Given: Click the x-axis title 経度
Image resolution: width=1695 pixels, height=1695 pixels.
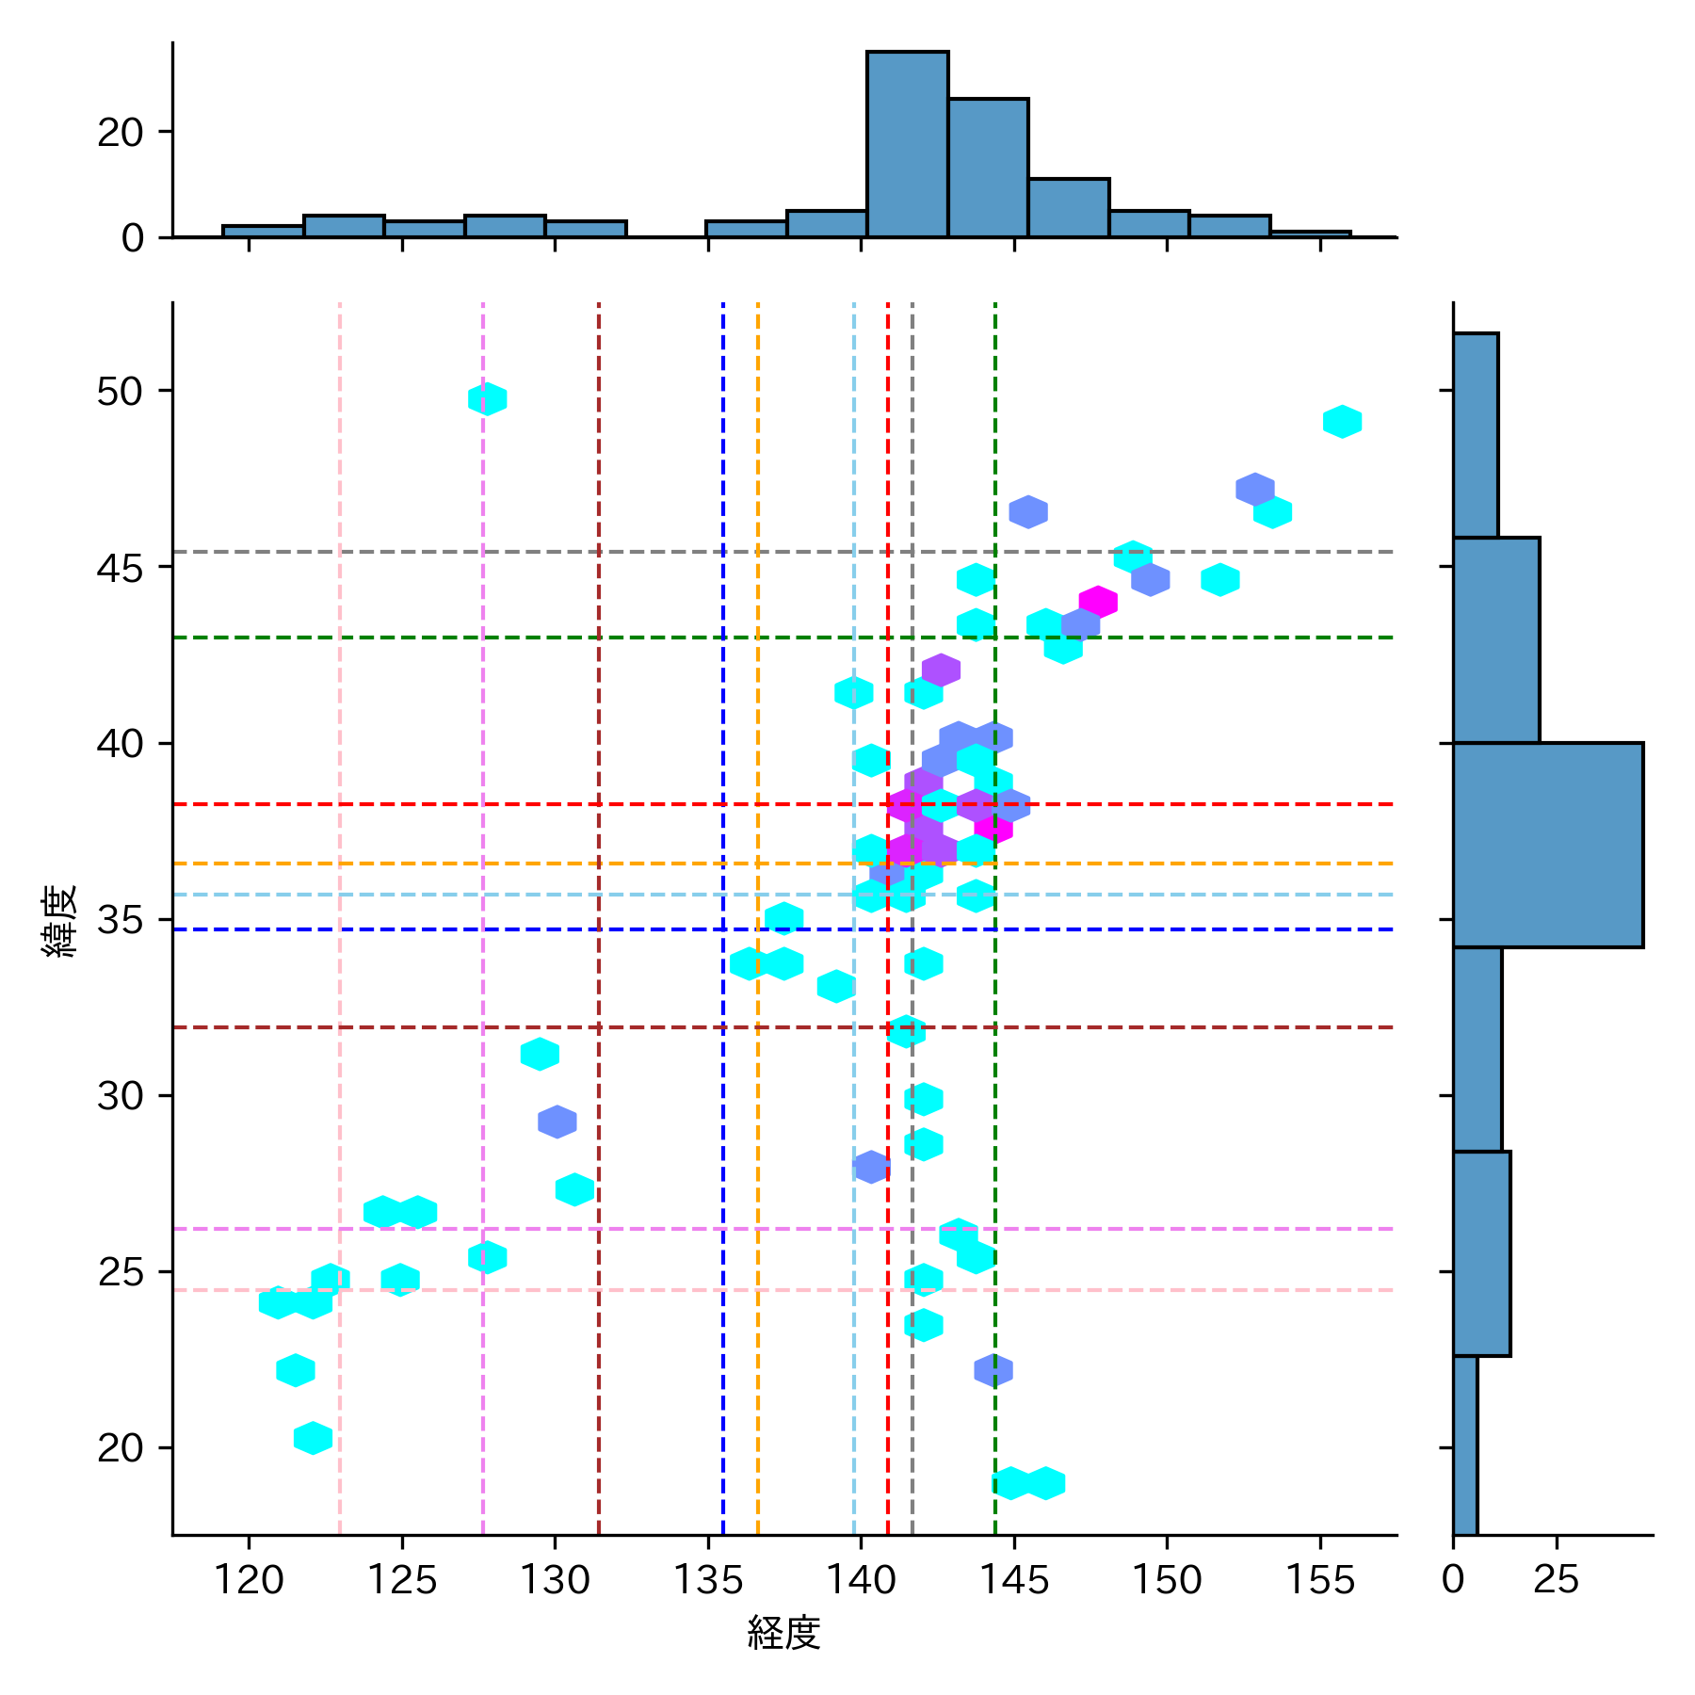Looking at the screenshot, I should coord(783,1632).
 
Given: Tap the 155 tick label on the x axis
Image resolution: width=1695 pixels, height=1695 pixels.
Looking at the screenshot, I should coord(1319,1580).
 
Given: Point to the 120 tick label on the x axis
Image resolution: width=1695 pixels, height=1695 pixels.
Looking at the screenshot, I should coord(249,1580).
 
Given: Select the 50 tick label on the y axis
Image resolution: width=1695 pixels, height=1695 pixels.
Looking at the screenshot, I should coord(120,391).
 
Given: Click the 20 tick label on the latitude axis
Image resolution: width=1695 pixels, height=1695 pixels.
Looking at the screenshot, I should coord(120,1447).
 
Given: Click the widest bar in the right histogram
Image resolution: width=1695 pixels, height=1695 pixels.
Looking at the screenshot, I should coord(1547,845).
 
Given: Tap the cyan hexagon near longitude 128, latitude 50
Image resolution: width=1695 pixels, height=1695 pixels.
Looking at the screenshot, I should coord(487,399).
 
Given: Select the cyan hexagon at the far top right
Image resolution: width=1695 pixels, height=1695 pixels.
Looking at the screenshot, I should coord(1342,422).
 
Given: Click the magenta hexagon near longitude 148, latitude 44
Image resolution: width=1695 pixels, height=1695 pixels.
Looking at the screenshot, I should coord(1098,602).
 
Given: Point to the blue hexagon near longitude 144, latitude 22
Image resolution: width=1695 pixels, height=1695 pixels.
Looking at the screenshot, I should coord(993,1370).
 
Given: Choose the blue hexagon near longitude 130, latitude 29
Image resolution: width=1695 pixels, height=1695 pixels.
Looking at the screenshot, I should coord(557,1122).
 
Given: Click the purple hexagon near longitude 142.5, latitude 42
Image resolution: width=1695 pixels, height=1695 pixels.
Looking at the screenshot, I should coord(941,670).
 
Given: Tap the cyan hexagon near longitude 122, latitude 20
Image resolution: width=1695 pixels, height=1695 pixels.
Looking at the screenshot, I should coord(313,1438).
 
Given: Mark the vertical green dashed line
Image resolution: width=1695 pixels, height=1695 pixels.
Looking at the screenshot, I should coord(995,1130).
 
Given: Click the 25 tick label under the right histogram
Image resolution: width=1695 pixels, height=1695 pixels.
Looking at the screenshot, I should coord(1556,1580).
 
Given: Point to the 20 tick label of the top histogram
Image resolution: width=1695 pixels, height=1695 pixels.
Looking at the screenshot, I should coord(120,133).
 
